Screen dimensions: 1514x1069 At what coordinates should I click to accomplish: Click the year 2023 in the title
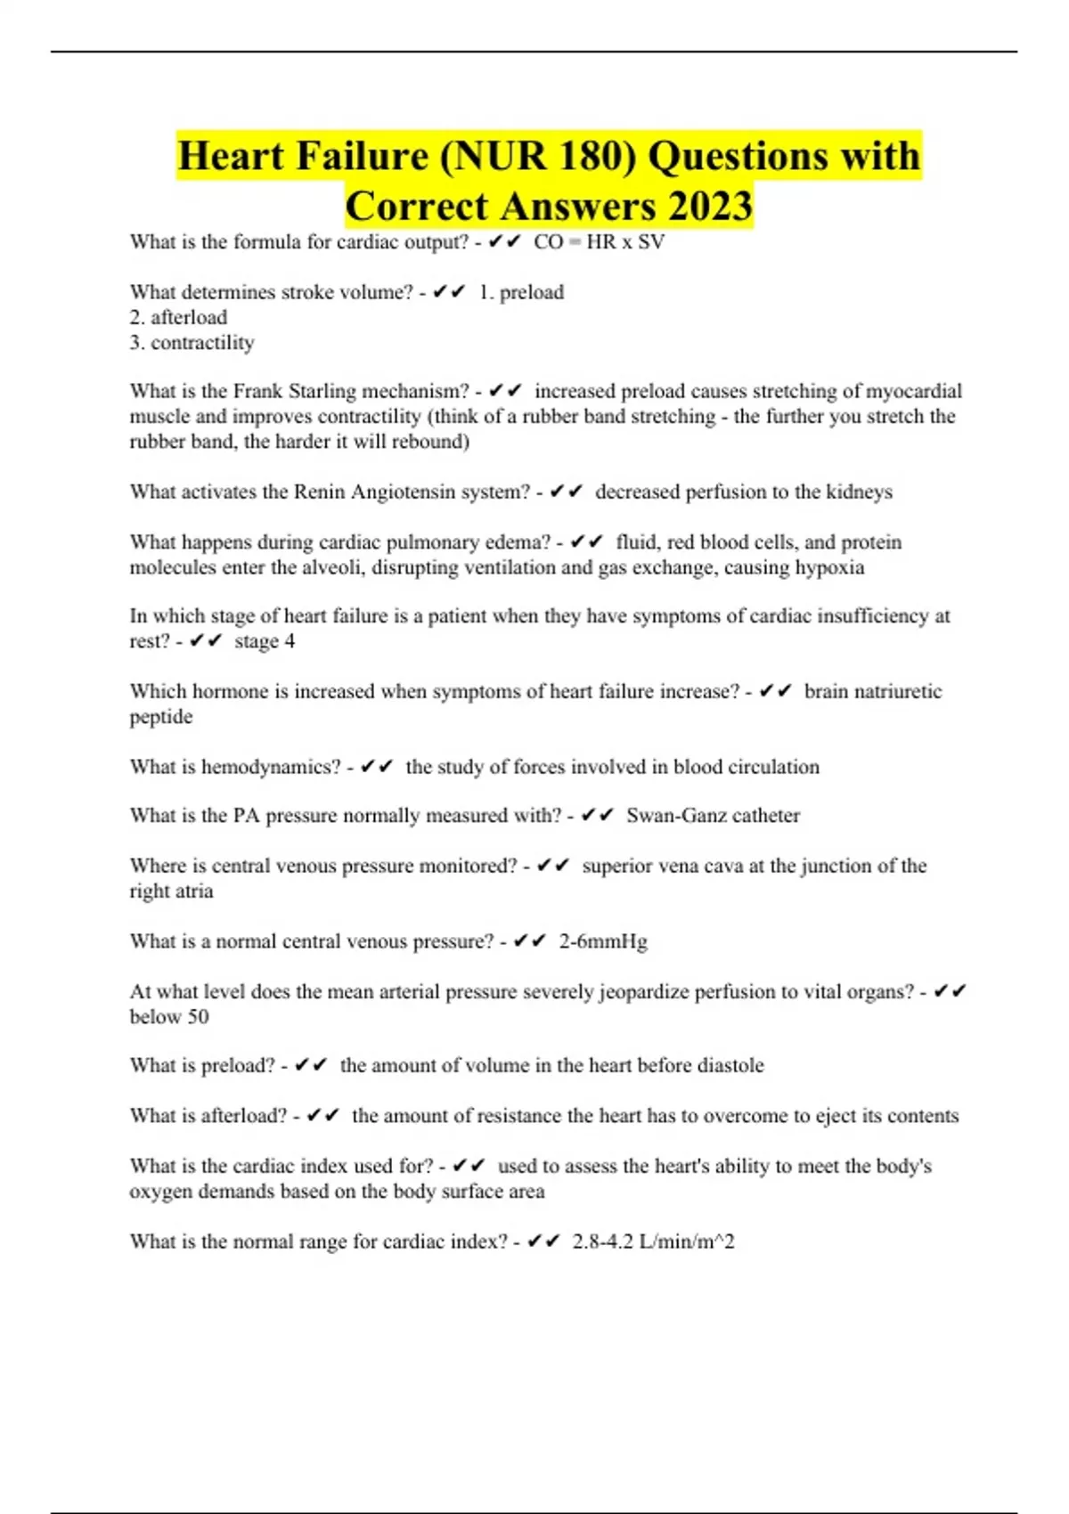[x=709, y=207]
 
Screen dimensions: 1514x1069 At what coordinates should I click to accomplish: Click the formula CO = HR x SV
[x=599, y=242]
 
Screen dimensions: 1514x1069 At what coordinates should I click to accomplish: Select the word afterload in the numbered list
[x=189, y=317]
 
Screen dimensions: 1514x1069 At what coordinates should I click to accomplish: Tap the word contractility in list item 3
[x=202, y=343]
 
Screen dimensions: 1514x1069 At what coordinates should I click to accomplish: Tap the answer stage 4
[x=265, y=641]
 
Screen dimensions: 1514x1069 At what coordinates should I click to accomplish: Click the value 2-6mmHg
[x=603, y=941]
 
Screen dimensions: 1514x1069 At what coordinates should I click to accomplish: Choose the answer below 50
[x=169, y=1017]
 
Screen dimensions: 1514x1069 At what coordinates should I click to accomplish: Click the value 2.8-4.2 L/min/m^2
[x=653, y=1241]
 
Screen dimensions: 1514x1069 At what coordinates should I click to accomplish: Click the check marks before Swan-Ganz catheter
[x=597, y=815]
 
